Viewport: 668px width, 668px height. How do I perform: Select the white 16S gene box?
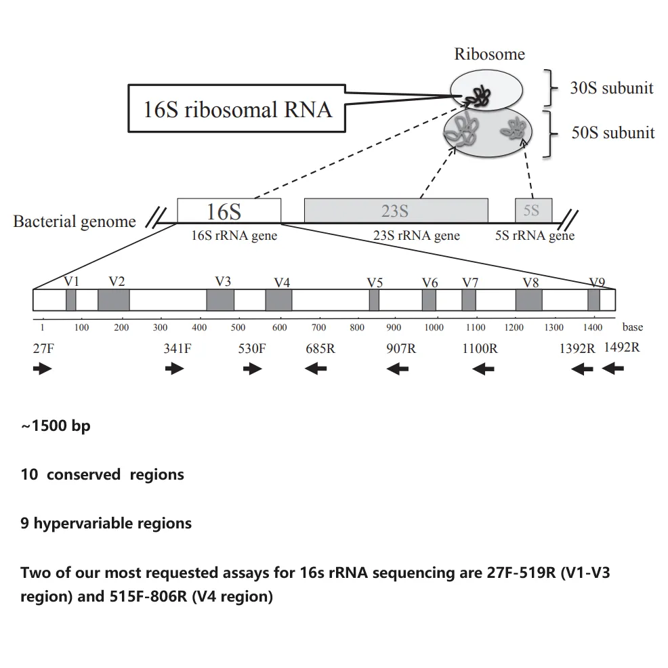coord(228,211)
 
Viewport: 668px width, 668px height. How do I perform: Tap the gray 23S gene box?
coord(396,211)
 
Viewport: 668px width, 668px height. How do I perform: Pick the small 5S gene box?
coord(533,211)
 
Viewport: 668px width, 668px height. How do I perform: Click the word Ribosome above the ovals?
coord(489,54)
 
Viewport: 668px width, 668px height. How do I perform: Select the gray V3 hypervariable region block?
coord(220,299)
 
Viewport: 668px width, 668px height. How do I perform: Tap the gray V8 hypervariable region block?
coord(528,299)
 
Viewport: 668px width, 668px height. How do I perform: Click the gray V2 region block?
coord(113,299)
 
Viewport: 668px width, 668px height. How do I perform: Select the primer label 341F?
coord(177,350)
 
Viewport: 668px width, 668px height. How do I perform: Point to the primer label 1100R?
coord(480,350)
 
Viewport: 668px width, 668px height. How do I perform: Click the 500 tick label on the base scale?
coord(238,328)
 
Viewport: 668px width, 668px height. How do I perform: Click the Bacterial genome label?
coord(75,222)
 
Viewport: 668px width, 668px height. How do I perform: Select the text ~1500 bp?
coord(56,427)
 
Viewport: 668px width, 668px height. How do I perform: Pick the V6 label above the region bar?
coord(430,283)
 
